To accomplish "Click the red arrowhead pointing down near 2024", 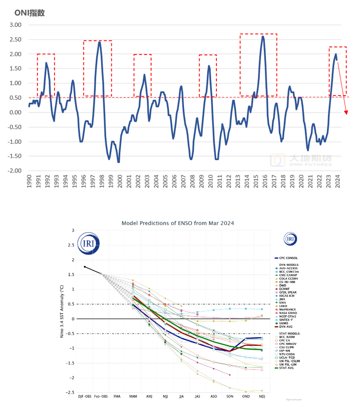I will pyautogui.click(x=346, y=113).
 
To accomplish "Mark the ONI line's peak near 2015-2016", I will pyautogui.click(x=262, y=37).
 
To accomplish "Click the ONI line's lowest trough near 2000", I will pyautogui.click(x=118, y=162).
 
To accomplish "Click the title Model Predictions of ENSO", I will pyautogui.click(x=177, y=223).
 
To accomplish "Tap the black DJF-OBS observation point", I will pyautogui.click(x=84, y=267).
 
